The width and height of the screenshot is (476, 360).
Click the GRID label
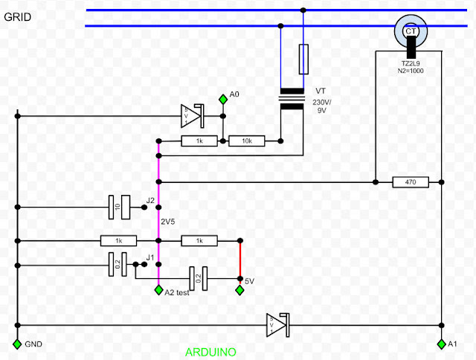(18, 16)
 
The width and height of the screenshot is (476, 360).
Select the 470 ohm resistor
(410, 181)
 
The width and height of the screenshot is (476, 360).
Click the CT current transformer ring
(410, 31)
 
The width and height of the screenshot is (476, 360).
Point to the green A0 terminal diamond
(222, 99)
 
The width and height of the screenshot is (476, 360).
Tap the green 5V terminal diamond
(239, 289)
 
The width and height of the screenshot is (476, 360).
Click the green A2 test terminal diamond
(158, 289)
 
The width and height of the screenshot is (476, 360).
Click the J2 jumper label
(150, 200)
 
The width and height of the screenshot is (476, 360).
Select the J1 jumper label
(149, 257)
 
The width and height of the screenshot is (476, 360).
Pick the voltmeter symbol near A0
(191, 115)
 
